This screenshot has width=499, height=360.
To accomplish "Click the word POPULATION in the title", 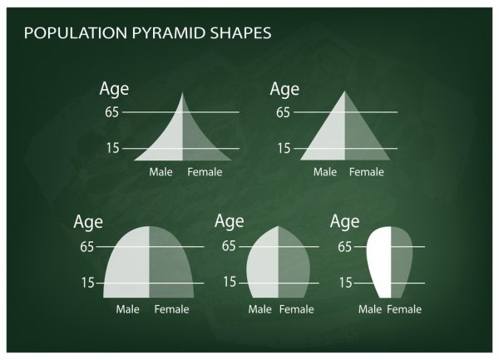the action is (x=76, y=33).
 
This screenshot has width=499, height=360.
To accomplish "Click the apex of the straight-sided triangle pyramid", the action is (x=344, y=91).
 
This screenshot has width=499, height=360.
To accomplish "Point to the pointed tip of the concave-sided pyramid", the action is (x=182, y=92).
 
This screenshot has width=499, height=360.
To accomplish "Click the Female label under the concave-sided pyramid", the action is (x=205, y=172).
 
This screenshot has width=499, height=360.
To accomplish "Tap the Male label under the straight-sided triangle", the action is (x=325, y=172).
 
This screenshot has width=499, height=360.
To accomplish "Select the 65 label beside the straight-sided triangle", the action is (x=283, y=112).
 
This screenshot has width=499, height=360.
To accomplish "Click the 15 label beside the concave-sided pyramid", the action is (x=112, y=148).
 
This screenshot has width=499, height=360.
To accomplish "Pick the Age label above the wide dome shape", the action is (x=88, y=222).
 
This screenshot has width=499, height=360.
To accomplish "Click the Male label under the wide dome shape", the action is (x=127, y=309).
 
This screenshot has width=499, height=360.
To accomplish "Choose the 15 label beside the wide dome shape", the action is (x=88, y=283).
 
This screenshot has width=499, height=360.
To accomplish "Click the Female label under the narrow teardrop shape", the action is (x=404, y=309).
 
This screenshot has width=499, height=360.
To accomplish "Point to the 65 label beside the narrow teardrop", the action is (x=345, y=247).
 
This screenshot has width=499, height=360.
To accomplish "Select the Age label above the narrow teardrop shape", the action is (x=344, y=221).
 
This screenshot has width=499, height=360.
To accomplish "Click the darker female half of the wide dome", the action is (x=170, y=264).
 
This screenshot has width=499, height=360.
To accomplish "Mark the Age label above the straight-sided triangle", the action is (x=284, y=89).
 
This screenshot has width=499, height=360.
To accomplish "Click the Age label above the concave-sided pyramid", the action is (x=114, y=89).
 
